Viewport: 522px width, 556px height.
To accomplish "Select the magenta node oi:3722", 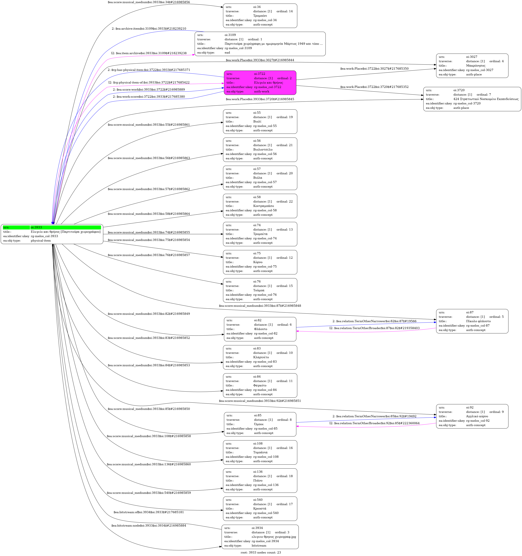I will click(x=260, y=83).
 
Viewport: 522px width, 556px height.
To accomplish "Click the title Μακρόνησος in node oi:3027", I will click(x=476, y=66).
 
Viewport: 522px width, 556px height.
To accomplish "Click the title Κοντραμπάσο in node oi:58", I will click(x=263, y=206).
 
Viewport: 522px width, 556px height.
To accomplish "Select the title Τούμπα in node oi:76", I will click(x=259, y=290).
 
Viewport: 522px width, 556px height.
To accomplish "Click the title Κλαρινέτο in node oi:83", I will click(x=261, y=357).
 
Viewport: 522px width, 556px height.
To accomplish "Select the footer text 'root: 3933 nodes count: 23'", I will click(x=261, y=552).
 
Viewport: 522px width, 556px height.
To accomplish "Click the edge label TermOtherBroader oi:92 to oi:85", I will click(x=374, y=423).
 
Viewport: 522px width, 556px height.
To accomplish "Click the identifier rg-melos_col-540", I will click(x=266, y=513).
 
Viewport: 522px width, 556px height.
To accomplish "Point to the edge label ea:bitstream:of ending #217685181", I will click(x=149, y=512).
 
